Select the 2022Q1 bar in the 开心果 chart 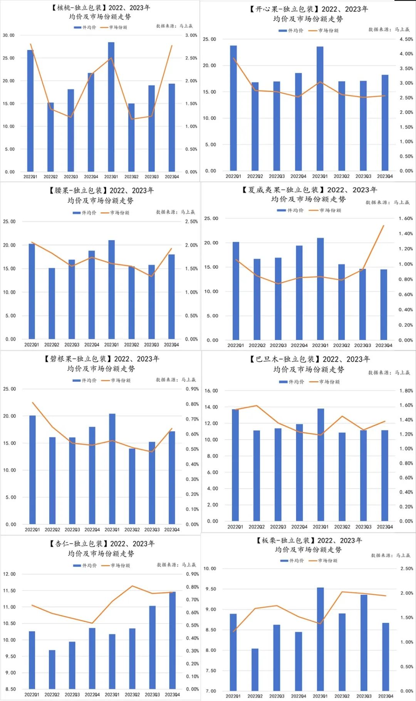[x=233, y=108]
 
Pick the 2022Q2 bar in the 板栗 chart [x=255, y=669]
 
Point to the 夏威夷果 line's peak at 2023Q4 [x=383, y=226]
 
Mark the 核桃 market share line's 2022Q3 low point [x=71, y=117]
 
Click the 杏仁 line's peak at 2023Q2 [x=132, y=586]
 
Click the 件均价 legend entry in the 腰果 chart [x=84, y=212]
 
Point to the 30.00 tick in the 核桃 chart [x=8, y=35]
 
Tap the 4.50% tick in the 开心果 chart [x=406, y=39]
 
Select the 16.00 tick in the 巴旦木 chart [x=211, y=391]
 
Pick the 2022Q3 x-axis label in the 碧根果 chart [x=72, y=530]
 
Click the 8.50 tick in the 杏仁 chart [x=10, y=689]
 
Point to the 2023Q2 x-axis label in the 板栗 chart [x=342, y=696]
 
